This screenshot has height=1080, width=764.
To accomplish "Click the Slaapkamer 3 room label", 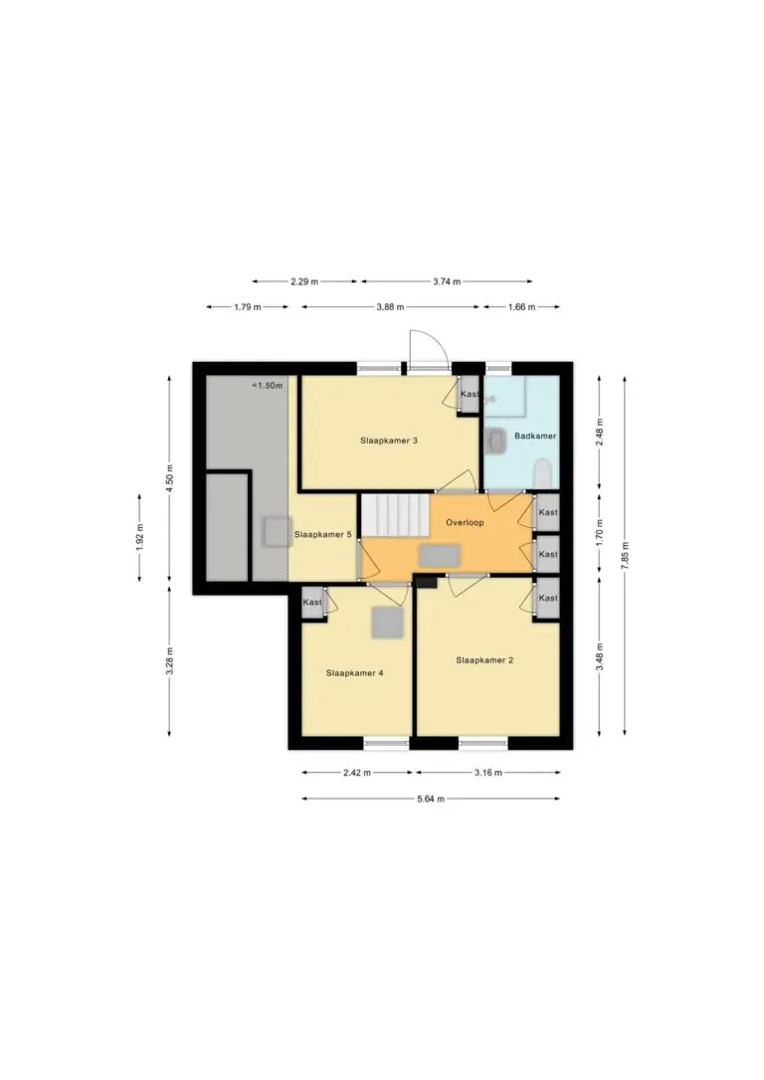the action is coord(389,441).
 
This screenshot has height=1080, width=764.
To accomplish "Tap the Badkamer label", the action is coord(535,436).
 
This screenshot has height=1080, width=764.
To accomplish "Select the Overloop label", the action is coord(465,523).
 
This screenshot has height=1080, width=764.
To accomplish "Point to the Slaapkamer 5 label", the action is coord(323,534).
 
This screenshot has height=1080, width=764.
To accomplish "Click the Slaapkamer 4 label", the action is coord(355,673).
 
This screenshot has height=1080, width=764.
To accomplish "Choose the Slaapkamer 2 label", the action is coord(484,660).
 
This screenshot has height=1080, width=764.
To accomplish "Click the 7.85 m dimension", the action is coord(625,555).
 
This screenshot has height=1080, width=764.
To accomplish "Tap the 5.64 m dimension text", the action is coord(431,799).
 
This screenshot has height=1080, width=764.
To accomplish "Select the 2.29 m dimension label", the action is coord(304,281).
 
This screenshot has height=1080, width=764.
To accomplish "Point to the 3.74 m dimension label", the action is coord(447,281).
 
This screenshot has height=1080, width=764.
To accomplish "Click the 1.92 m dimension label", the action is coord(140,538).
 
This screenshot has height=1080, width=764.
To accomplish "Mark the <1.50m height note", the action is coord(267,386).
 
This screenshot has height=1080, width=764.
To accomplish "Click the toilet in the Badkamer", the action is coord(543,473).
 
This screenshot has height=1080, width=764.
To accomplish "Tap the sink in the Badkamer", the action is coord(494,441).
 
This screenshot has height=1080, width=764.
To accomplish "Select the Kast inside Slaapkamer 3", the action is coord(470,395).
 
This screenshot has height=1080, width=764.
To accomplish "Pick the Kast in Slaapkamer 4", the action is coord(312,602).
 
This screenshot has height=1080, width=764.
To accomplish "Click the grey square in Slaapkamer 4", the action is coord(387,622).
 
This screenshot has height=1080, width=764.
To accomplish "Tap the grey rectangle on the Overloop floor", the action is coord(440,555).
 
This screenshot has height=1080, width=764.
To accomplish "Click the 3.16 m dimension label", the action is coord(487,773).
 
